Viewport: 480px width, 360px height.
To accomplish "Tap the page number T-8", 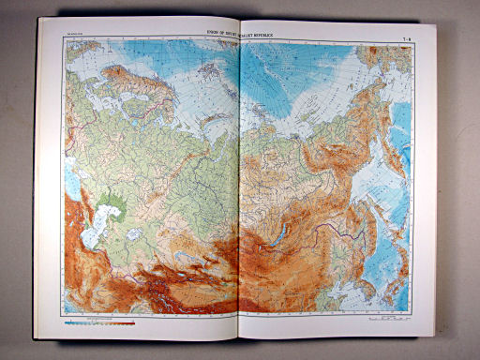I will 406,36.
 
